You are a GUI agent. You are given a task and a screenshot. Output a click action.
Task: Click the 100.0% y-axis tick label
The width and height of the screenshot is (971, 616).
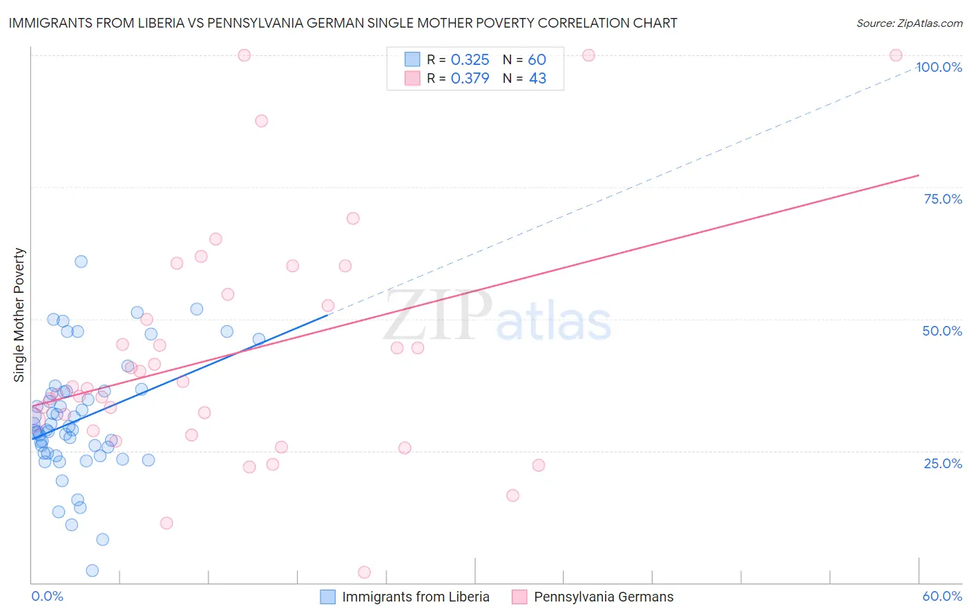pyautogui.click(x=939, y=67)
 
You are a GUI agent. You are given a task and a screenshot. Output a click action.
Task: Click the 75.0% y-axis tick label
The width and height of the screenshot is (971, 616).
pyautogui.click(x=943, y=199)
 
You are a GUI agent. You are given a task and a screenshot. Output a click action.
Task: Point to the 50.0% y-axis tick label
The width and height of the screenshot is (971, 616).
pyautogui.click(x=942, y=331)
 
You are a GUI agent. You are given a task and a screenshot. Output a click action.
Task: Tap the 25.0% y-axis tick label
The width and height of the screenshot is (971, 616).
pyautogui.click(x=943, y=463)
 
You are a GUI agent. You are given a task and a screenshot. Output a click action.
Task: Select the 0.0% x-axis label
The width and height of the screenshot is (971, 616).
pyautogui.click(x=47, y=596)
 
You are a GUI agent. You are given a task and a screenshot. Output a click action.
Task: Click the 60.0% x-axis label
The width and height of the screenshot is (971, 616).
pyautogui.click(x=942, y=596)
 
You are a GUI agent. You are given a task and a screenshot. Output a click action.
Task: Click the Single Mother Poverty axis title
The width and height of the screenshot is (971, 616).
pyautogui.click(x=19, y=315)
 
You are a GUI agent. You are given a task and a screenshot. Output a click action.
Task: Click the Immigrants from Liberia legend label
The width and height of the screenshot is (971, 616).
pyautogui.click(x=416, y=597)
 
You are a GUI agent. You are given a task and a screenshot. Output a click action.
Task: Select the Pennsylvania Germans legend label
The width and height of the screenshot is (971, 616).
pyautogui.click(x=604, y=597)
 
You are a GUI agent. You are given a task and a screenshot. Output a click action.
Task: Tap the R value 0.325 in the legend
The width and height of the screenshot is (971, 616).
pyautogui.click(x=470, y=60)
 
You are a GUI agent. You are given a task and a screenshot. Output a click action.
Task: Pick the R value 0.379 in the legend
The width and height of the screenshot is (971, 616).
pyautogui.click(x=470, y=79)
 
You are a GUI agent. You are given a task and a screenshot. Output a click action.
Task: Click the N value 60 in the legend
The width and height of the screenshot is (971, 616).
pyautogui.click(x=537, y=60)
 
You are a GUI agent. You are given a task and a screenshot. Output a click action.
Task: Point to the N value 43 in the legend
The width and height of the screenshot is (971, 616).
pyautogui.click(x=537, y=79)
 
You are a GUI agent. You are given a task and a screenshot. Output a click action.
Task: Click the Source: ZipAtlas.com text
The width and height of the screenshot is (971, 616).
pyautogui.click(x=909, y=23)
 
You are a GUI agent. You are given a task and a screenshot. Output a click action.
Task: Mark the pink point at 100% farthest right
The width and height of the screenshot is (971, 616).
pyautogui.click(x=896, y=55)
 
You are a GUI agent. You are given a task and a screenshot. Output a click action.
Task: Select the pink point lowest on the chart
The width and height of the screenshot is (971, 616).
pyautogui.click(x=364, y=572)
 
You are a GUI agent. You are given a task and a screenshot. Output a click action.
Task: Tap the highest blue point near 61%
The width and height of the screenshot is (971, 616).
pyautogui.click(x=81, y=262)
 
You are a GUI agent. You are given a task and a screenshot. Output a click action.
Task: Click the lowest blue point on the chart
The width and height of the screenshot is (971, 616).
pyautogui.click(x=92, y=570)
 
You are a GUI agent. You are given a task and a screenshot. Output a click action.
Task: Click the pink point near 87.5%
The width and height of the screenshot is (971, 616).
pyautogui.click(x=261, y=121)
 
